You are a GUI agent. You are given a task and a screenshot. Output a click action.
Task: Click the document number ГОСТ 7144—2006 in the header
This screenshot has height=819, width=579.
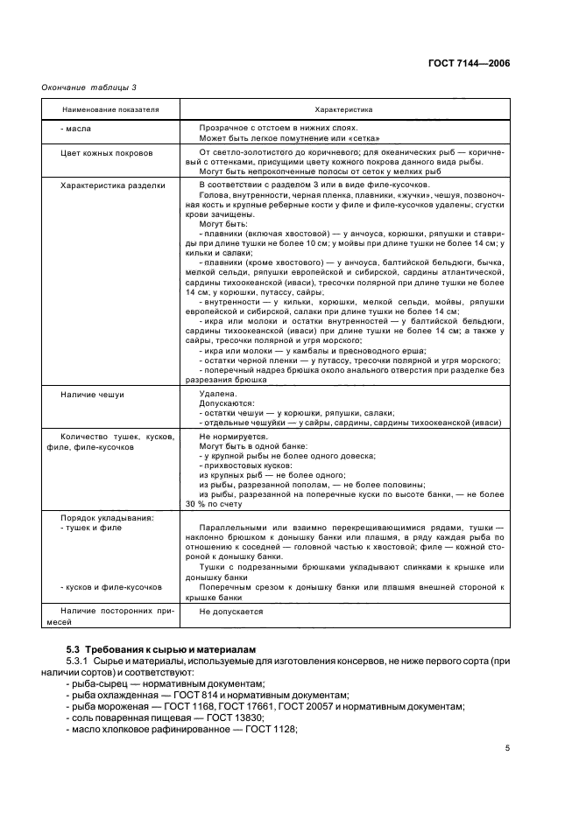468,63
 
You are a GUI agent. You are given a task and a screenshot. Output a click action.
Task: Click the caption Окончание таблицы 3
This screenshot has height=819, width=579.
89,87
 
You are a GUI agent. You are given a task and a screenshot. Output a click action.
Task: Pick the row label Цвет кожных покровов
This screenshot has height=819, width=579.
106,152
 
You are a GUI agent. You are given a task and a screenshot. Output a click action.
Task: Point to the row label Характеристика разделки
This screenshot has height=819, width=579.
112,185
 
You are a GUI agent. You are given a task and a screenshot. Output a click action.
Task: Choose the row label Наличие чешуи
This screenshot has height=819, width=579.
92,395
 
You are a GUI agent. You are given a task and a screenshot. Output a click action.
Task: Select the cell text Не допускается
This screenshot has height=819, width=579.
231,612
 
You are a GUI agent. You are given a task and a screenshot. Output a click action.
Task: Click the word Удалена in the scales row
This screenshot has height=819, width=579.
217,395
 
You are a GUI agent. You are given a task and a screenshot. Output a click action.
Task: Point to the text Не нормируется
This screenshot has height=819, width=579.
232,435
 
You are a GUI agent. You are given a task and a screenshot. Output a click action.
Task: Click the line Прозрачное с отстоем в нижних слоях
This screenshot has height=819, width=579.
276,129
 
